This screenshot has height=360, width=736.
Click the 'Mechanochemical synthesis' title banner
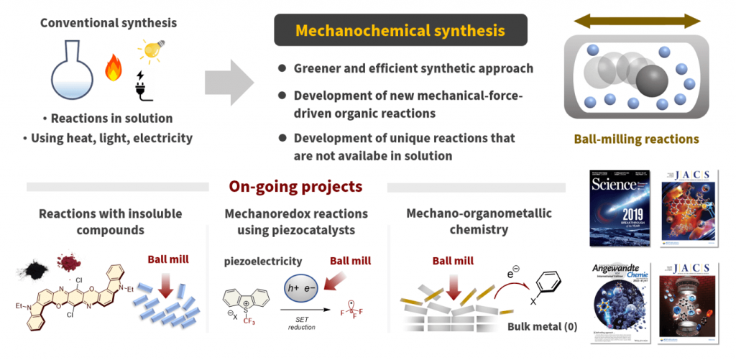(x=400, y=31)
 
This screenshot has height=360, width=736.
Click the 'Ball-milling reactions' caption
(x=635, y=139)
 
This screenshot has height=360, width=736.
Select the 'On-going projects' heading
(x=295, y=187)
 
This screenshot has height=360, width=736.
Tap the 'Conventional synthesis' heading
(x=109, y=23)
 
